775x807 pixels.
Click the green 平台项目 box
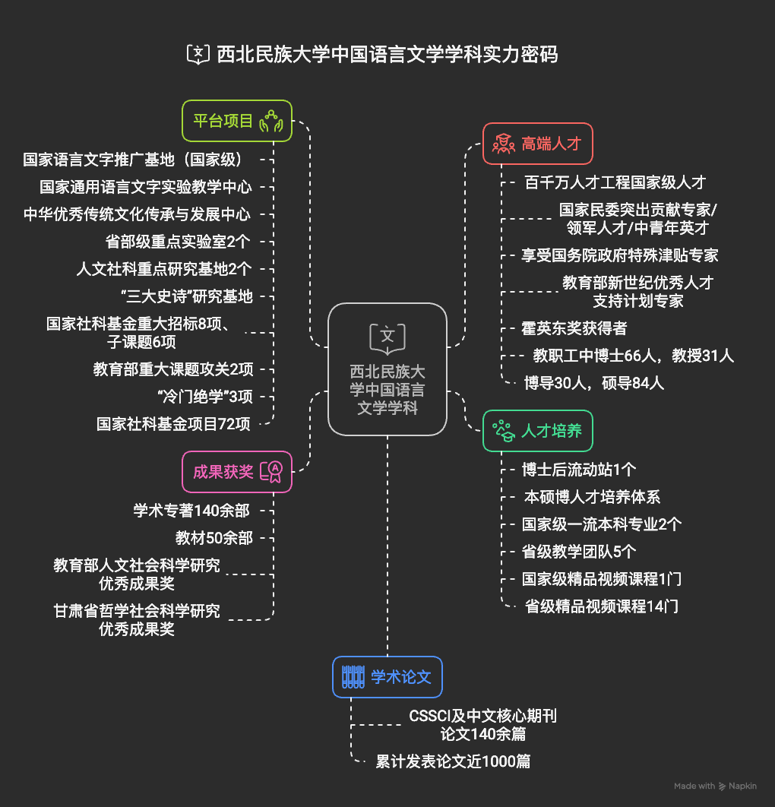coord(237,121)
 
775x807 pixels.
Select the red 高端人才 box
coord(537,144)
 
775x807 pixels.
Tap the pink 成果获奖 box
coord(237,472)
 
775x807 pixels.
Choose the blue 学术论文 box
coord(387,676)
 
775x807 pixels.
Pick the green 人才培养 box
coord(537,431)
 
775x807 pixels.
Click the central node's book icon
coord(387,336)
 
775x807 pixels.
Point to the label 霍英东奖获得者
coord(574,328)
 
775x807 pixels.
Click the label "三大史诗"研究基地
coord(186,296)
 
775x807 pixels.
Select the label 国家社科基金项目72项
coord(173,424)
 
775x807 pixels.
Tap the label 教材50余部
coord(214,538)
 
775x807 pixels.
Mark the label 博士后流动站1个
coord(579,470)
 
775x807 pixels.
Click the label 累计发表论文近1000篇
coord(453,761)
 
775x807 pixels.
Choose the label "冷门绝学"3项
coord(204,397)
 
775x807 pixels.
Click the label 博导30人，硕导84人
coord(594,383)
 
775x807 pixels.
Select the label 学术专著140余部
coord(191,511)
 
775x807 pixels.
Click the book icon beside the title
coord(198,54)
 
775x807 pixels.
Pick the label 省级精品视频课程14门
coord(602,606)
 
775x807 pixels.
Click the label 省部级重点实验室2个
coord(179,242)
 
